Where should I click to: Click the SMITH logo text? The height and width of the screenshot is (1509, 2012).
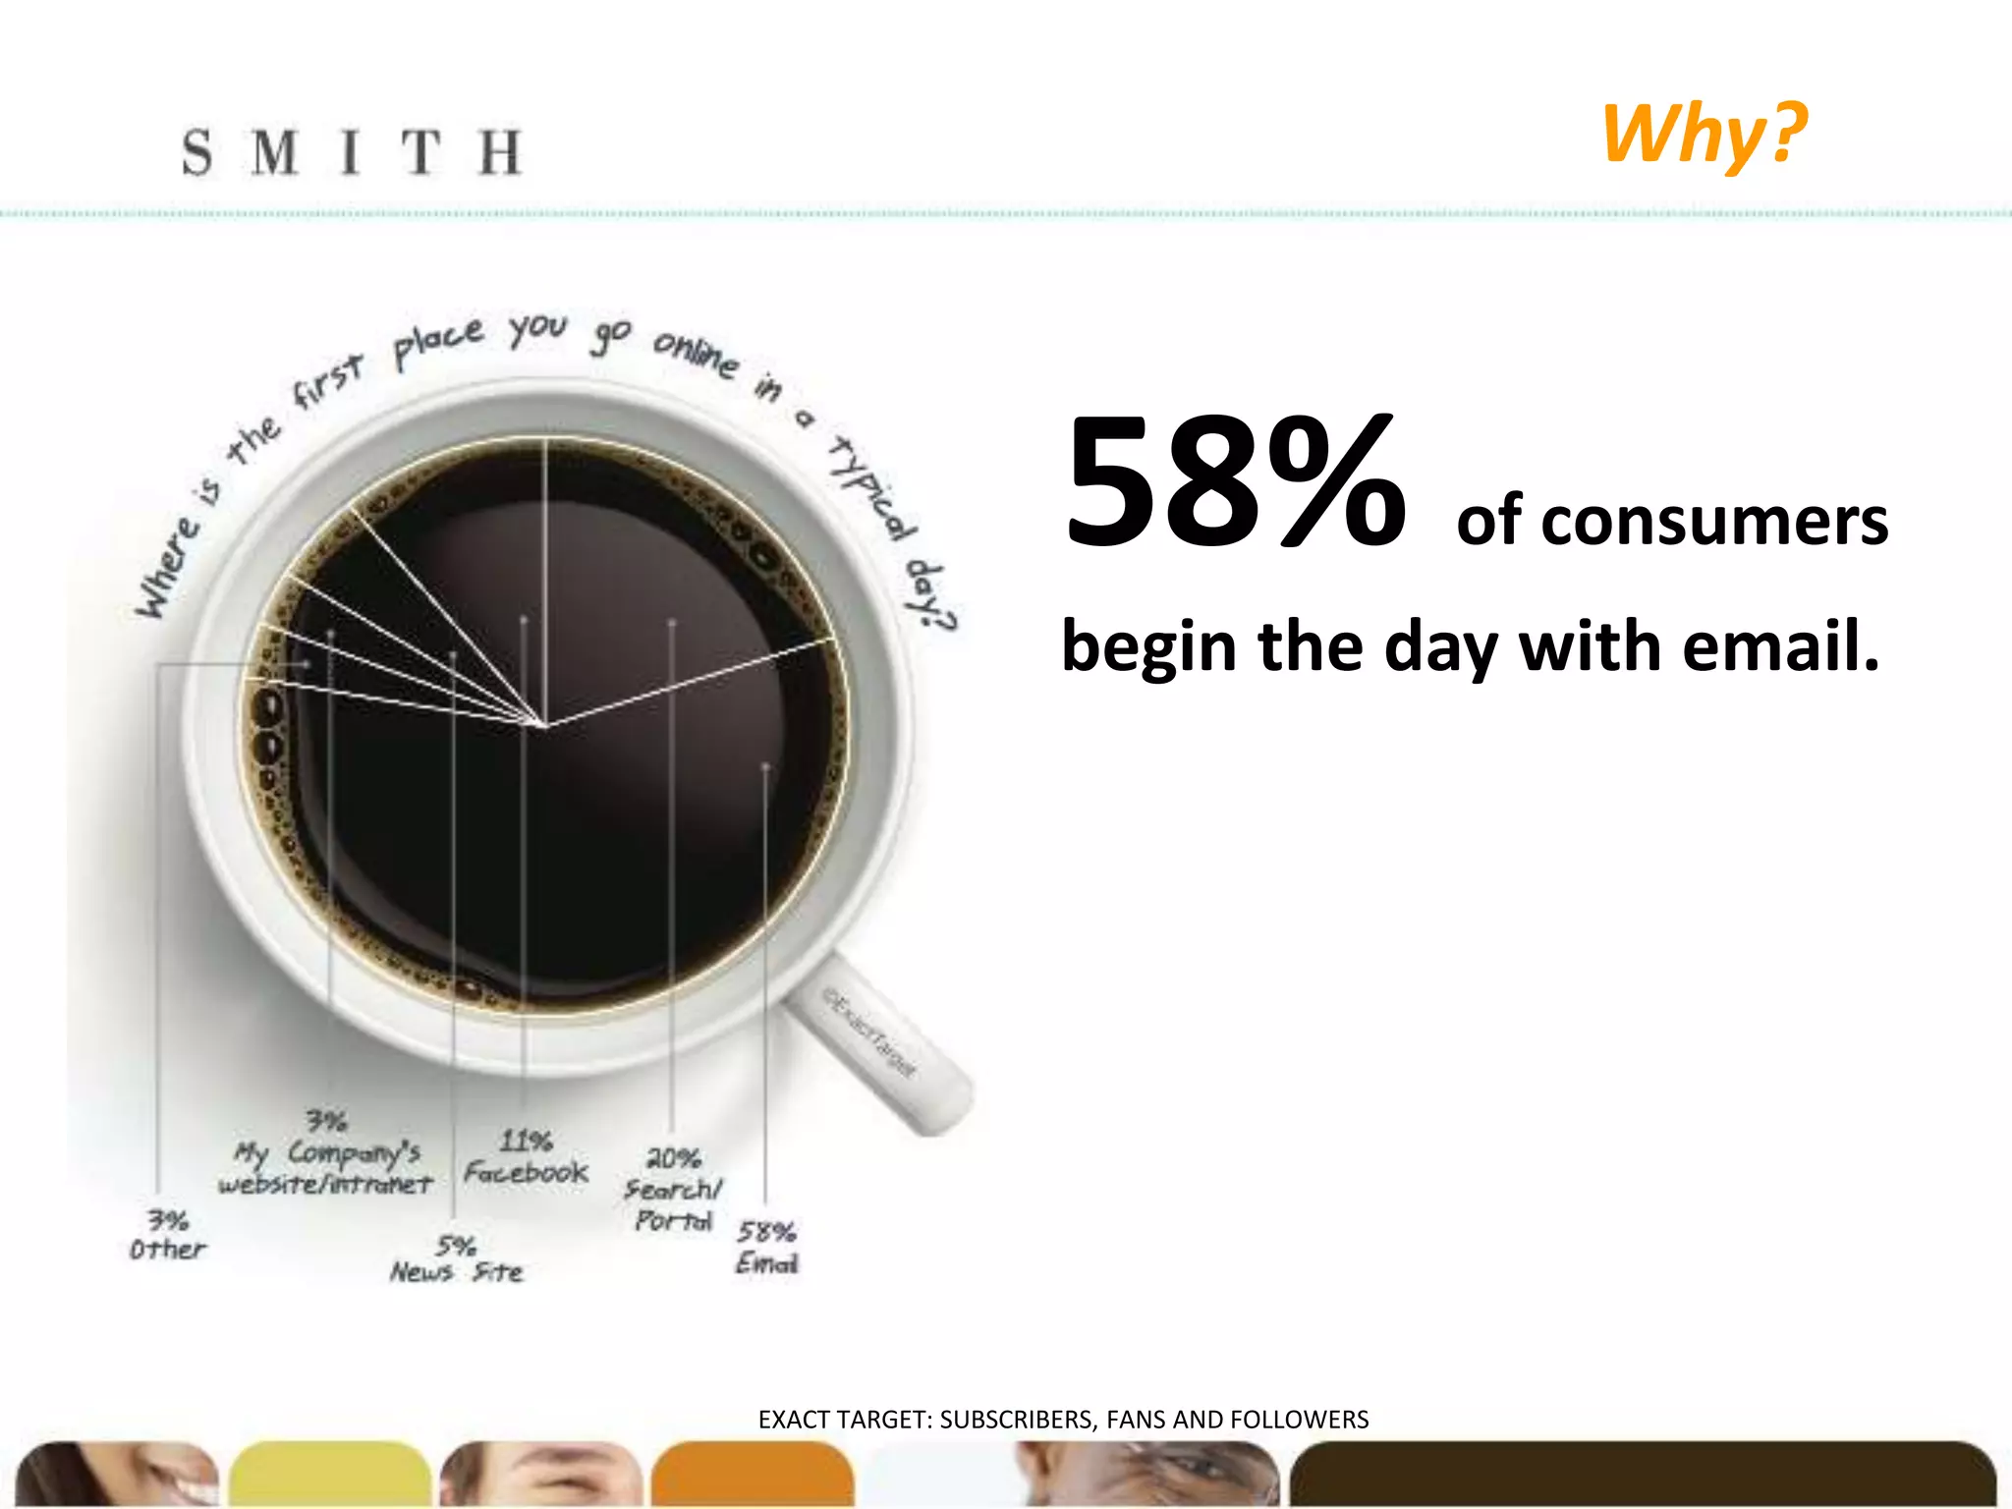pyautogui.click(x=351, y=152)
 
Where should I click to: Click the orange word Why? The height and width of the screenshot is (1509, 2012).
pyautogui.click(x=1704, y=133)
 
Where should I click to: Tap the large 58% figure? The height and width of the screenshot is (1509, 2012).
pyautogui.click(x=1235, y=484)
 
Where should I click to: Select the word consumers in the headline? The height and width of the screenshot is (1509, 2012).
pyautogui.click(x=1671, y=521)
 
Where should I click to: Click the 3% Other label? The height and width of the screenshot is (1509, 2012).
pyautogui.click(x=168, y=1236)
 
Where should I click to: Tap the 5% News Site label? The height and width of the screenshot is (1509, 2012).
pyautogui.click(x=456, y=1260)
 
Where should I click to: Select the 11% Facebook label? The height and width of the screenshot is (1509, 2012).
pyautogui.click(x=526, y=1157)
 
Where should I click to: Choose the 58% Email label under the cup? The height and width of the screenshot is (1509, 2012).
pyautogui.click(x=766, y=1248)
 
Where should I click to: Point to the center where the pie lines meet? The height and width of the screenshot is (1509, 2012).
pyautogui.click(x=544, y=725)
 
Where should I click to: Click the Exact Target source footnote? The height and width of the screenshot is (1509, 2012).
pyautogui.click(x=1063, y=1420)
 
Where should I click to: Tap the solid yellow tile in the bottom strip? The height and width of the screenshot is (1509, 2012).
pyautogui.click(x=330, y=1474)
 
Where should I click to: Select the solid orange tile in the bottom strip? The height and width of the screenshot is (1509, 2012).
pyautogui.click(x=753, y=1474)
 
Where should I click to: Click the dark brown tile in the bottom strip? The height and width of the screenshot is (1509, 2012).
pyautogui.click(x=1641, y=1474)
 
